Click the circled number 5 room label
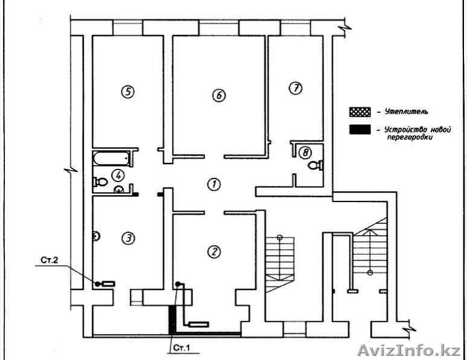(127, 92)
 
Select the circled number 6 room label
(219, 95)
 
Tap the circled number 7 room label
(296, 88)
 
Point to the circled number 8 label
(305, 153)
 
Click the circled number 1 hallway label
(214, 185)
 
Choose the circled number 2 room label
(214, 251)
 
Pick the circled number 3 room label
(129, 238)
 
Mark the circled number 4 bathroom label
(118, 175)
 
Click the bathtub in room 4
(112, 159)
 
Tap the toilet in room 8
(315, 165)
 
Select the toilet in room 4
(100, 182)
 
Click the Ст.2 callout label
(49, 261)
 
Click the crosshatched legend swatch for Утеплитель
(360, 112)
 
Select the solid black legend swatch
(360, 130)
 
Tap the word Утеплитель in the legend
(406, 112)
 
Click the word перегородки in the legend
(410, 137)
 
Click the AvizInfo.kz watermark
(409, 350)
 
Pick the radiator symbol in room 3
(109, 283)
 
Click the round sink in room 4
(119, 189)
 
